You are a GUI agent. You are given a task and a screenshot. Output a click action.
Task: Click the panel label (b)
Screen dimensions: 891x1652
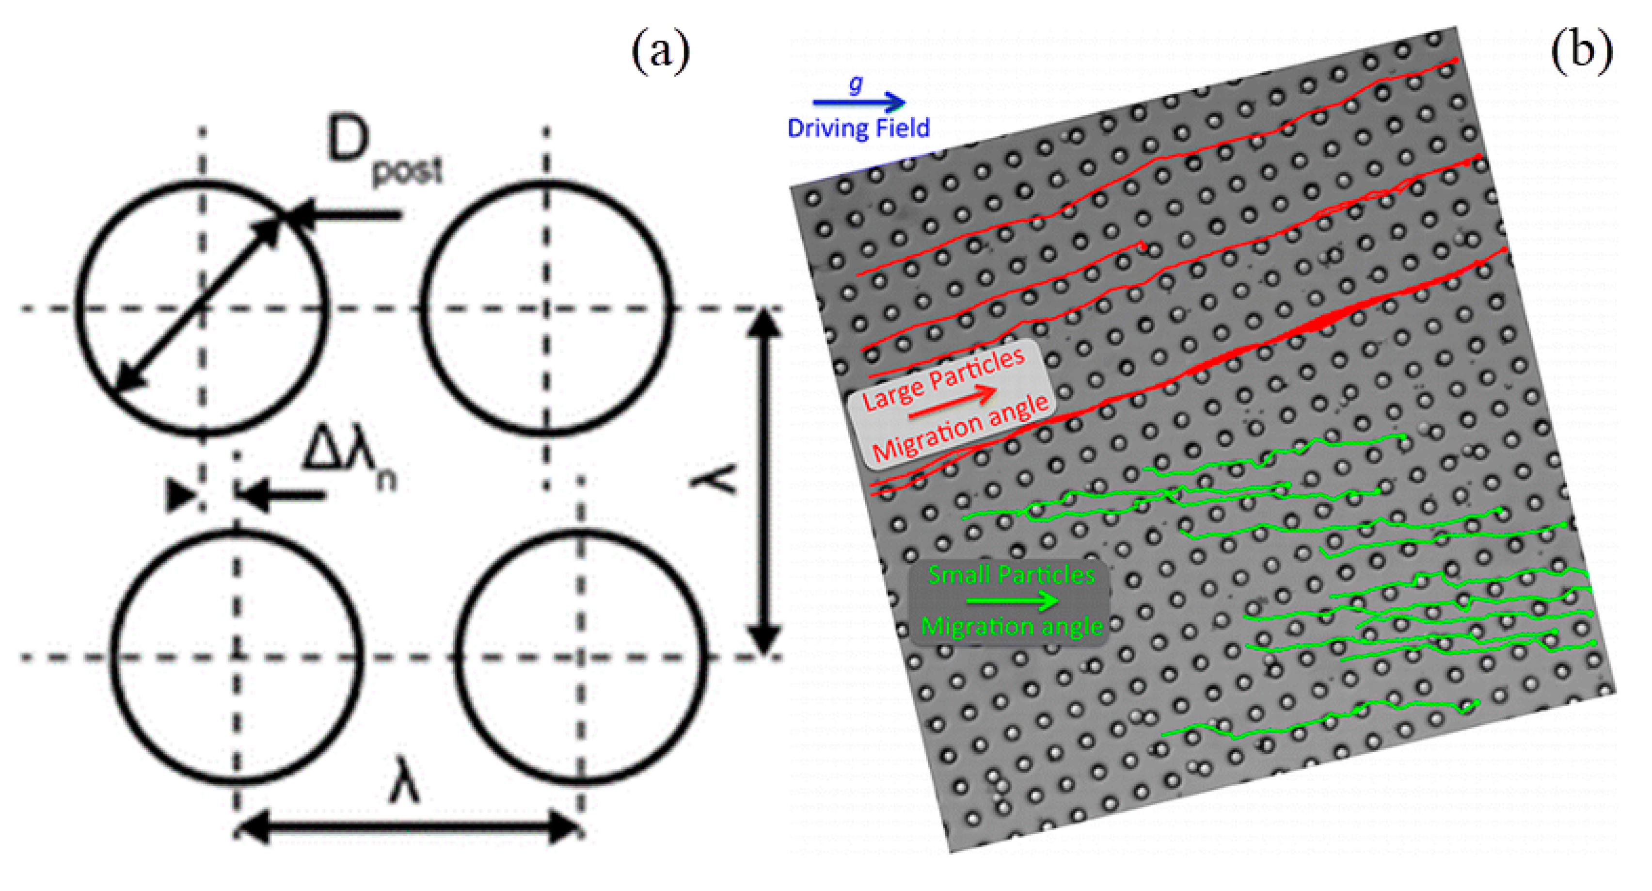pyautogui.click(x=1581, y=51)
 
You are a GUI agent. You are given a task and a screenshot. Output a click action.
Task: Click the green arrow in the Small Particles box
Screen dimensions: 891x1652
pyautogui.click(x=1012, y=600)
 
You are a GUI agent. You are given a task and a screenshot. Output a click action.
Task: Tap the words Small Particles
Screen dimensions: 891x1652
pyautogui.click(x=1011, y=575)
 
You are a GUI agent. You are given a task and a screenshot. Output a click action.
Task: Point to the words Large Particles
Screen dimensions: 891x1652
pyautogui.click(x=943, y=380)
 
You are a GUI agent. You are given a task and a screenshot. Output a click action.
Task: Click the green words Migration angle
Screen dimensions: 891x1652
pyautogui.click(x=1012, y=625)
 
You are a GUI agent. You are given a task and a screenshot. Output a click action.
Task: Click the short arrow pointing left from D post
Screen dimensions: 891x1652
pyautogui.click(x=346, y=215)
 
